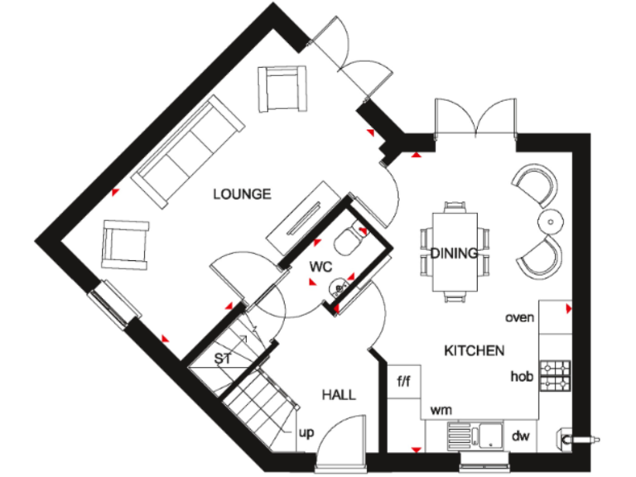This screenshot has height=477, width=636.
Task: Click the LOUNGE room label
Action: pos(242,195)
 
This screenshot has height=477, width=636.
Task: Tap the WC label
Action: pos(320,267)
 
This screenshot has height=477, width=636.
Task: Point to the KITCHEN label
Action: pos(474,351)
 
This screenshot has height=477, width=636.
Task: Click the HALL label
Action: pos(339,395)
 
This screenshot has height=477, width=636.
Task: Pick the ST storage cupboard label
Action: pos(222,359)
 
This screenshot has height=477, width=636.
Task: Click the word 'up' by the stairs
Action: pos(306,431)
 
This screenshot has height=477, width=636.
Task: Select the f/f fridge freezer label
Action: pos(404,383)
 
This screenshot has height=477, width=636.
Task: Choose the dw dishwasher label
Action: pos(520,436)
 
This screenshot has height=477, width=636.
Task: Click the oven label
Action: pos(519,317)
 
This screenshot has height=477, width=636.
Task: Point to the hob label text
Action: pos(521,377)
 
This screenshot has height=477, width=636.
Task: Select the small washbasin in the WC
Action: pos(337,287)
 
